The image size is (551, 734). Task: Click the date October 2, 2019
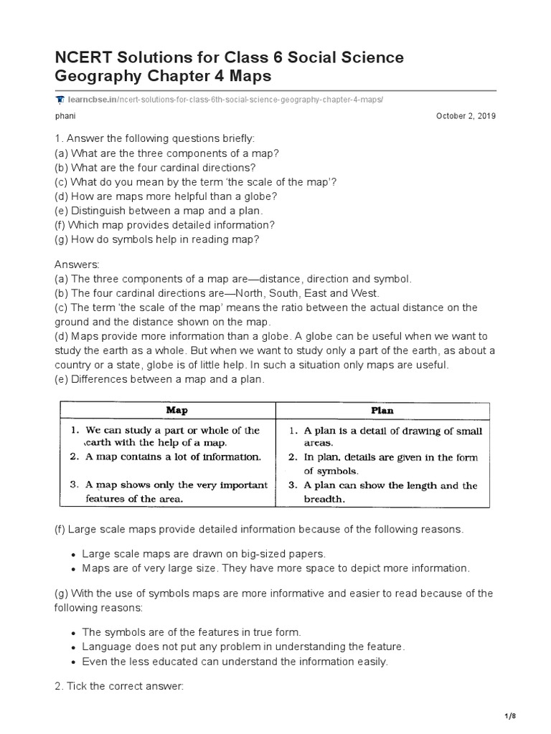click(x=466, y=116)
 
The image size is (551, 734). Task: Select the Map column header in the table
click(x=176, y=411)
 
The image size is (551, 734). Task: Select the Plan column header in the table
click(x=382, y=411)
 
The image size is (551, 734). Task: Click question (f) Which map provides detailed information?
click(x=164, y=224)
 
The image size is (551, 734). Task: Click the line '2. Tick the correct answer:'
click(x=119, y=686)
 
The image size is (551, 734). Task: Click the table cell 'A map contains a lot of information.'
click(x=173, y=456)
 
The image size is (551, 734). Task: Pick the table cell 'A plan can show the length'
click(x=390, y=485)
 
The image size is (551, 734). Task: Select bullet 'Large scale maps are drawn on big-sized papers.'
click(x=202, y=554)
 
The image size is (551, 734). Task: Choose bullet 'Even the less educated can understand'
click(x=235, y=662)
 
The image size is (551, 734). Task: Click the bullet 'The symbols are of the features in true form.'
click(x=192, y=632)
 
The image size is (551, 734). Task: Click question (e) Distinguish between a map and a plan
click(x=159, y=211)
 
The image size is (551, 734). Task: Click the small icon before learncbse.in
click(x=57, y=99)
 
